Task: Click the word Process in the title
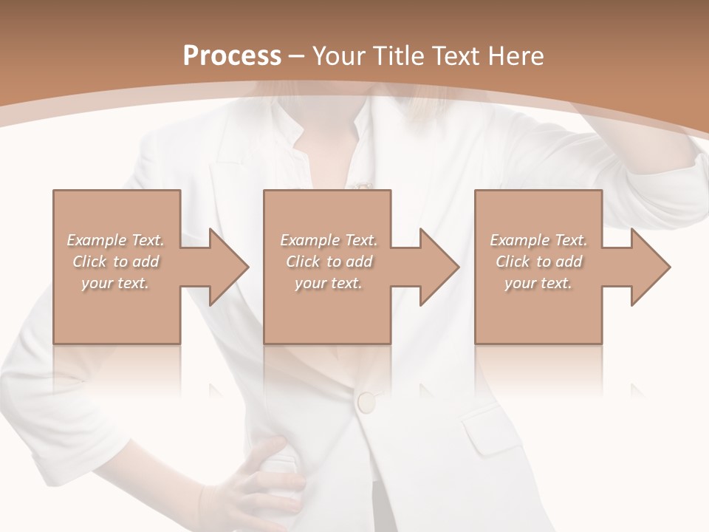232,55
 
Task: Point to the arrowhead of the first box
229,267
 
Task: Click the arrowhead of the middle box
439,267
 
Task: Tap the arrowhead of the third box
651,267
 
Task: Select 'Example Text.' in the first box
115,240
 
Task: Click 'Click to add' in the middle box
329,262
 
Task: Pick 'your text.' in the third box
538,283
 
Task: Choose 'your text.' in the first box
115,283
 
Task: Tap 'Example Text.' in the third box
538,240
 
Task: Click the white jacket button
366,401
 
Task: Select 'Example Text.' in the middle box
329,240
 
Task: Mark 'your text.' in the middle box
329,283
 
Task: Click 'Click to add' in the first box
115,262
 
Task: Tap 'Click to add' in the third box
538,262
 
